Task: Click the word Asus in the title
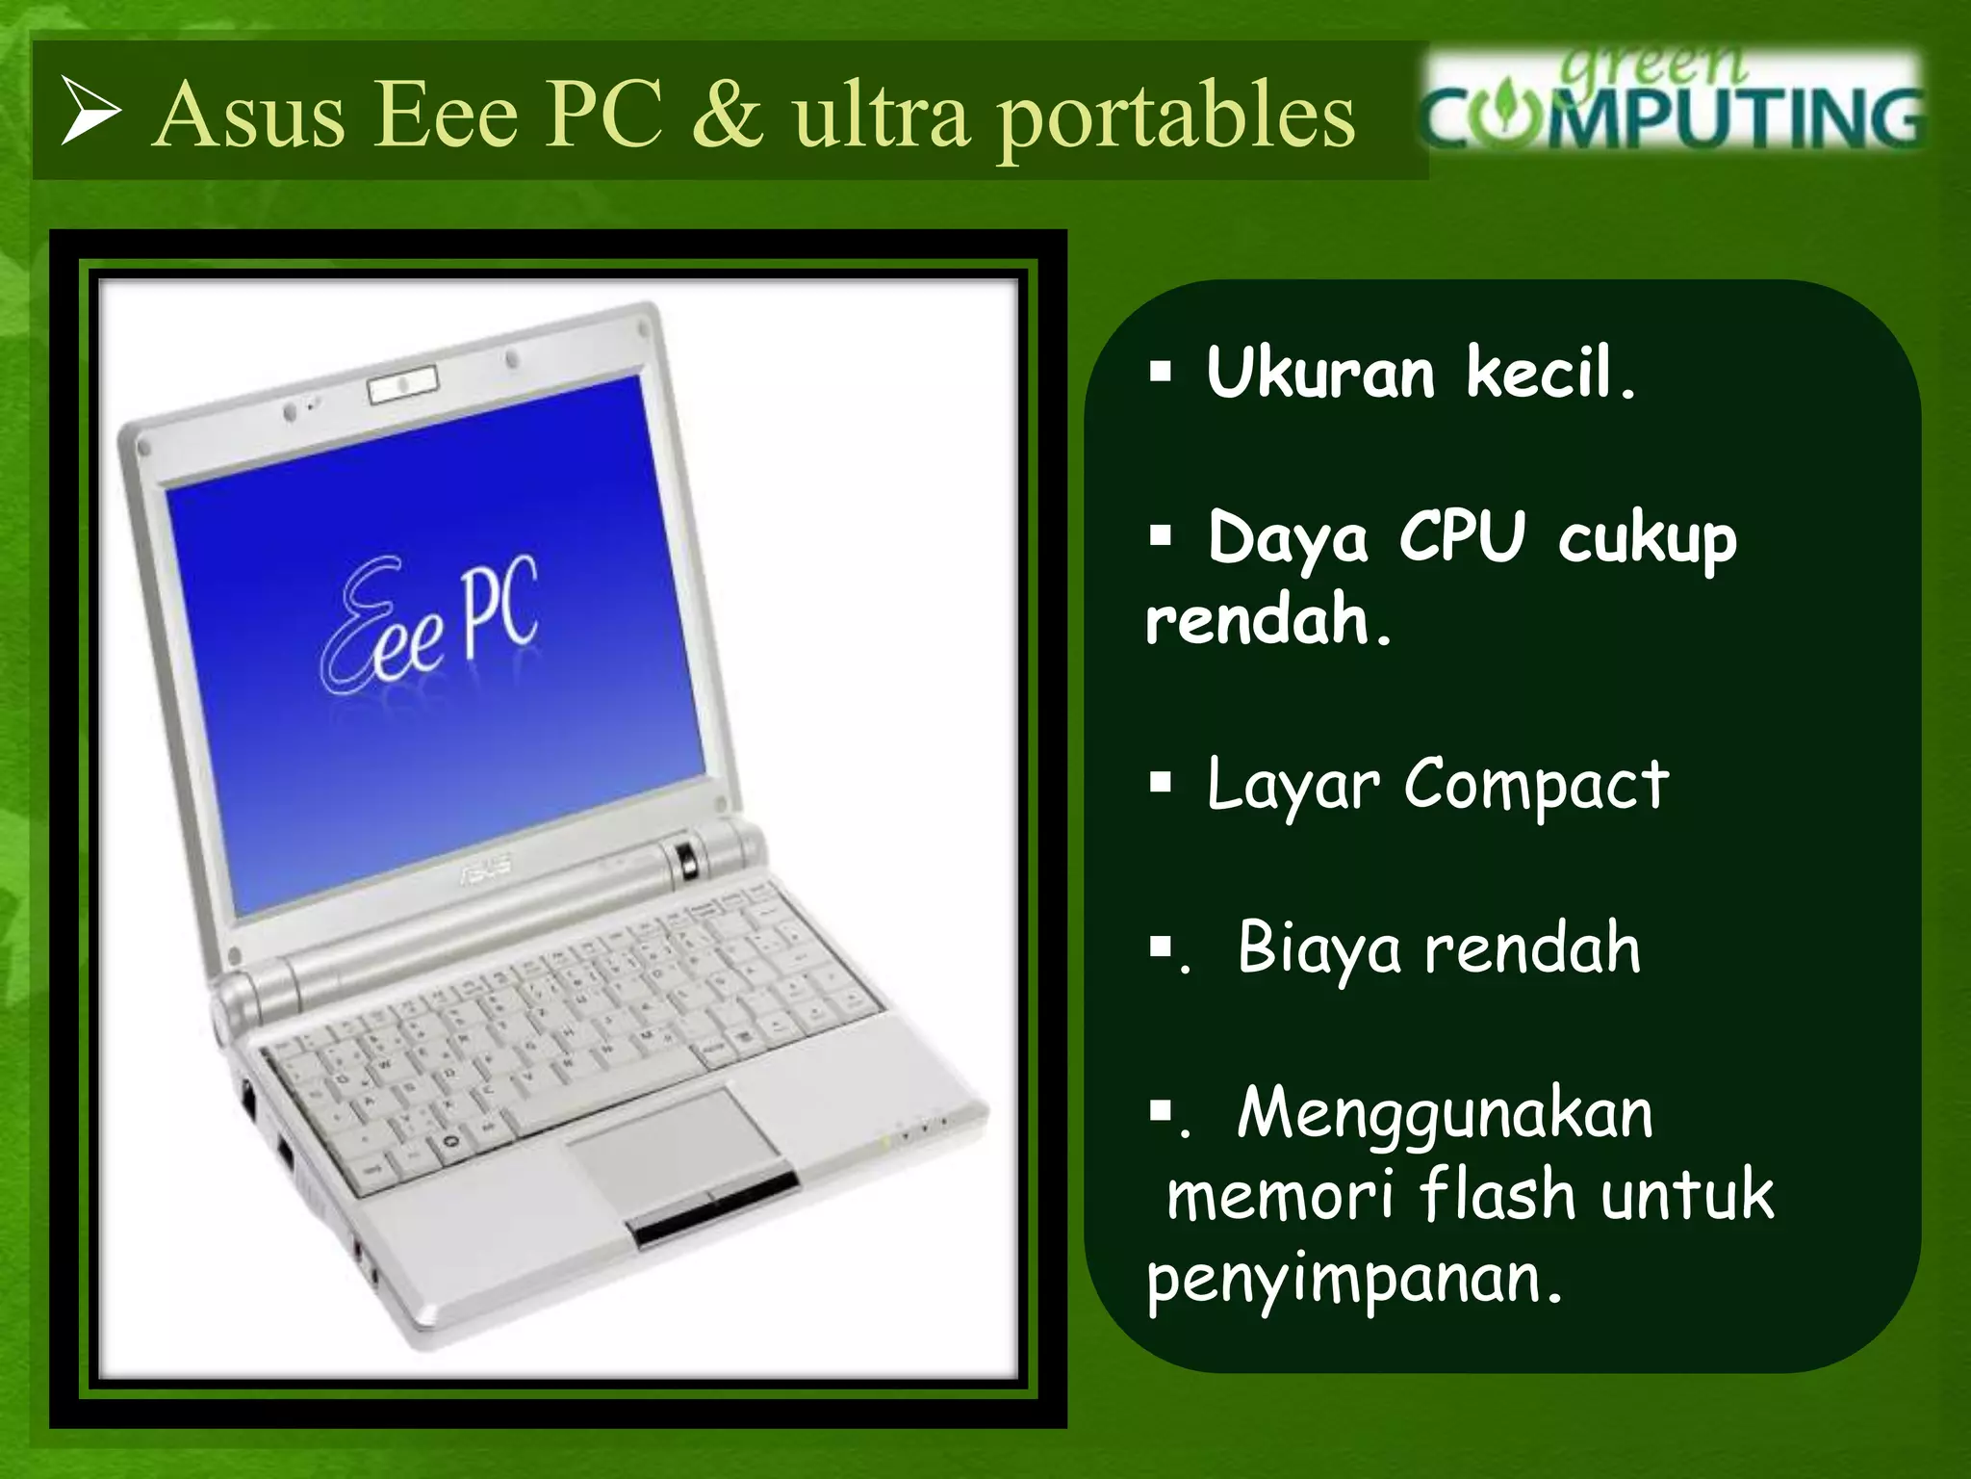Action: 249,116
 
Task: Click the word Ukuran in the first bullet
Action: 1320,373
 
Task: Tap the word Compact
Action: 1536,785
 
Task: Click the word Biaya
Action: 1318,948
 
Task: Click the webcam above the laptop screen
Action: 403,384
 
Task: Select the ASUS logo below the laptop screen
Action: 486,870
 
